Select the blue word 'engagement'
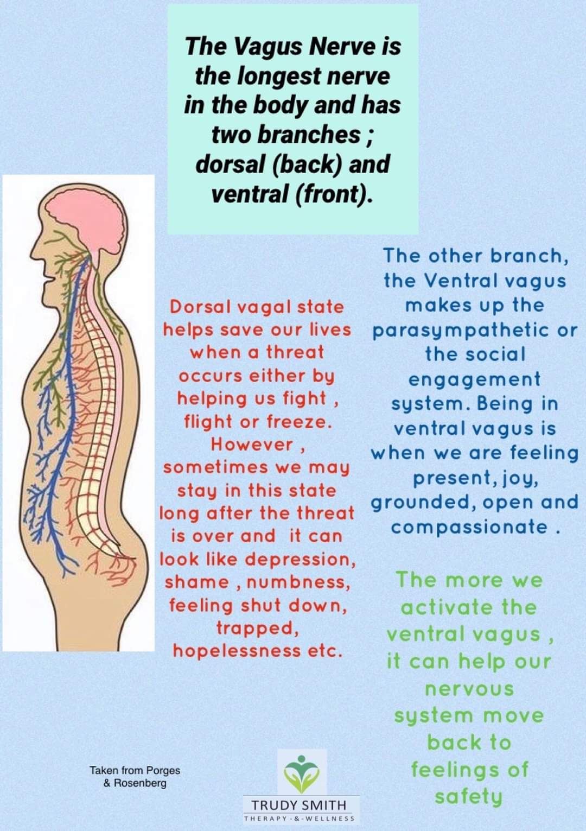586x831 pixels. click(474, 379)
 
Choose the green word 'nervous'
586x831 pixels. click(469, 689)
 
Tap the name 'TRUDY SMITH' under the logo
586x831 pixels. click(298, 804)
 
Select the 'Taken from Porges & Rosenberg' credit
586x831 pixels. click(135, 776)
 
